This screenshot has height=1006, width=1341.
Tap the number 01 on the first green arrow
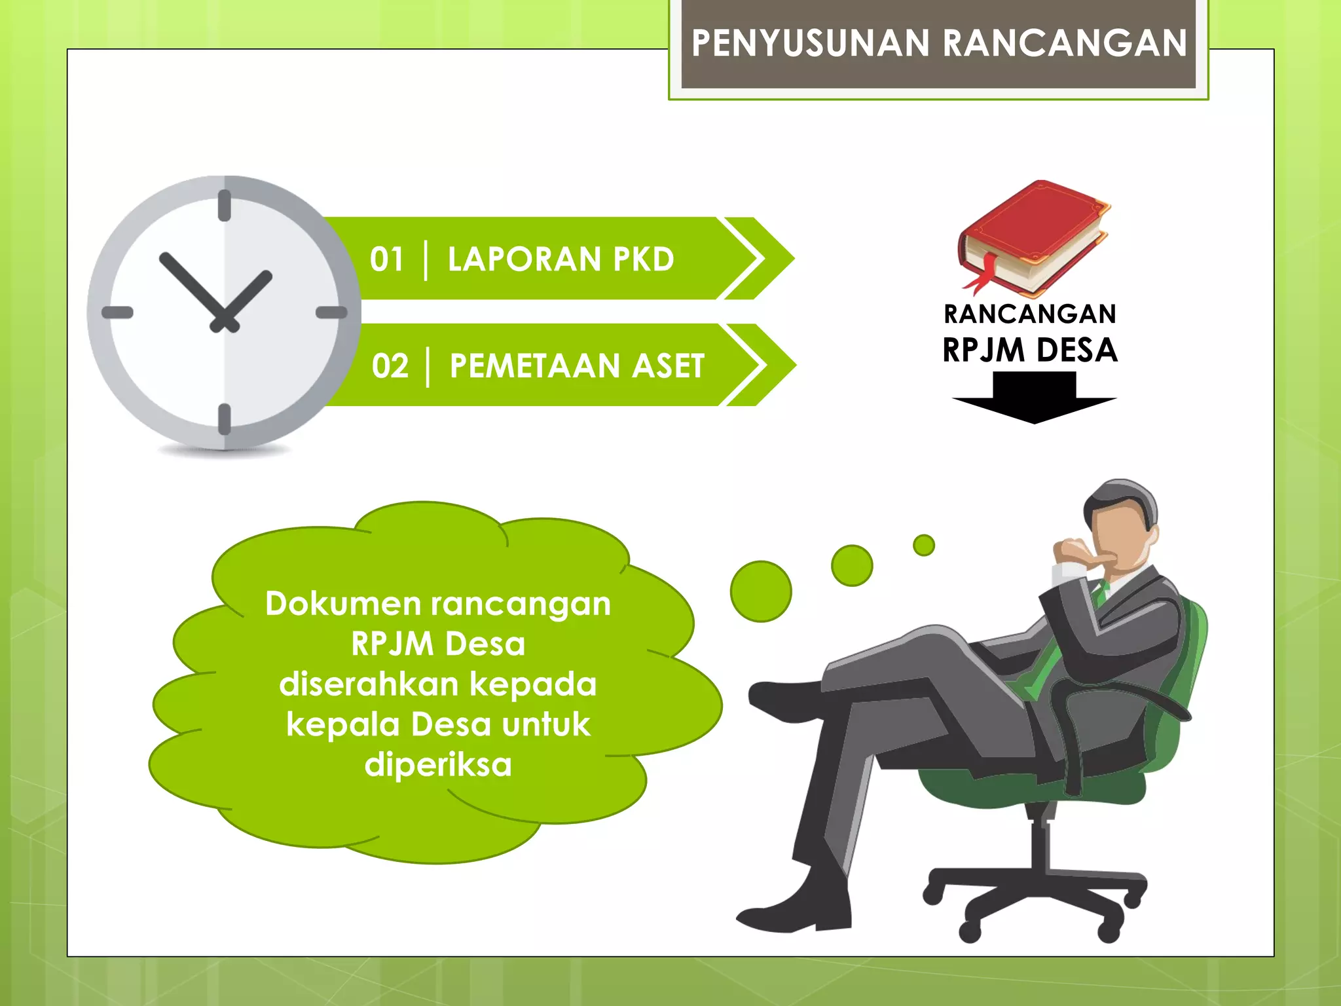pyautogui.click(x=386, y=259)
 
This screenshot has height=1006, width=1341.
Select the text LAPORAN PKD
pyautogui.click(x=560, y=259)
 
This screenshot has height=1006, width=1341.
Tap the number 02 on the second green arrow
pyautogui.click(x=390, y=366)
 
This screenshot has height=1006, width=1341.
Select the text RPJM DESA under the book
pyautogui.click(x=1030, y=350)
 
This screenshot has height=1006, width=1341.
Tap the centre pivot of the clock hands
pyautogui.click(x=224, y=320)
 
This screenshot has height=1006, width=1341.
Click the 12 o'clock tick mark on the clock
pyautogui.click(x=225, y=205)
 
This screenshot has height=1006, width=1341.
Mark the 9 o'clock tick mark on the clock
pyautogui.click(x=118, y=313)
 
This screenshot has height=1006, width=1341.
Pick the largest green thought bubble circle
pyautogui.click(x=761, y=591)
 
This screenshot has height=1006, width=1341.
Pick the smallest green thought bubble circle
pyautogui.click(x=924, y=545)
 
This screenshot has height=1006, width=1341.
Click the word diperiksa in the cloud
pyautogui.click(x=438, y=765)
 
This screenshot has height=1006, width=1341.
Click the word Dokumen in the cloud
pyautogui.click(x=342, y=604)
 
